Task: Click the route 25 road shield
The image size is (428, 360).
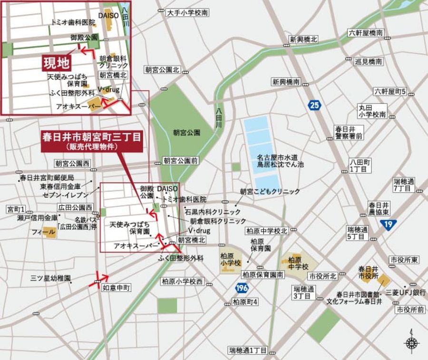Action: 314,105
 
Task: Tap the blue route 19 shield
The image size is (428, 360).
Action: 389,224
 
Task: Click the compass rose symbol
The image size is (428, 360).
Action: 411,342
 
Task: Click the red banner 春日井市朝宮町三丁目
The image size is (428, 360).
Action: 91,141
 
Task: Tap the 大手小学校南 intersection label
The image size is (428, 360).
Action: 187,13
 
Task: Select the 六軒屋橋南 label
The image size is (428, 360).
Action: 365,33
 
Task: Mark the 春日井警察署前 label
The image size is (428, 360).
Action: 349,133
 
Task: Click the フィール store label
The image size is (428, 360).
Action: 43,232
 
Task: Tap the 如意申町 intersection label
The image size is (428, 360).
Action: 116,287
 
